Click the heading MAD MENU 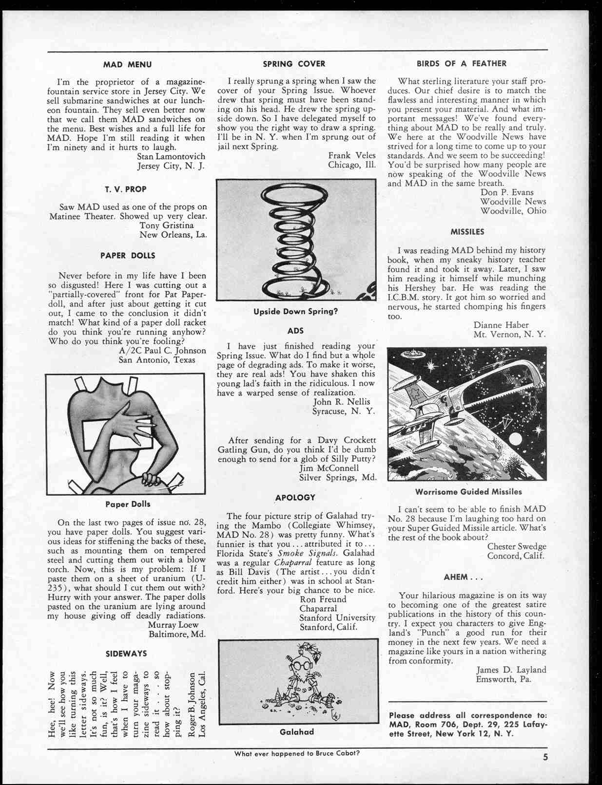coord(127,64)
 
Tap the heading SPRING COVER coord(294,64)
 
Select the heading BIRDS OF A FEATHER coord(461,63)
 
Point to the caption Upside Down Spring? coord(295,311)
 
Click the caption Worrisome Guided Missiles coord(468,492)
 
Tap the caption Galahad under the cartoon coord(296,732)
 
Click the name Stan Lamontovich coord(171,156)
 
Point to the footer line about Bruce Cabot coord(297,753)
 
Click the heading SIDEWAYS coord(126,654)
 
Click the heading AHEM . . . coord(463,578)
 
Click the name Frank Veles coord(351,155)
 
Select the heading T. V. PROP coord(125,189)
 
